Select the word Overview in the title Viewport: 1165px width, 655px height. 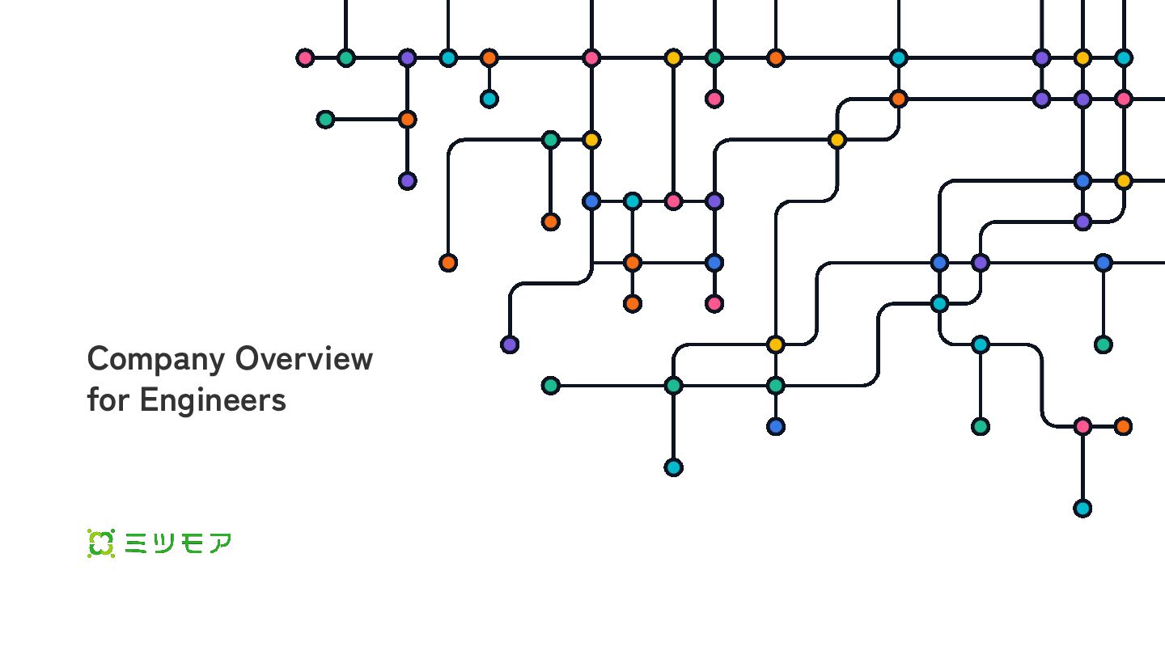coord(304,359)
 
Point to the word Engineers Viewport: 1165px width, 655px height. coord(213,400)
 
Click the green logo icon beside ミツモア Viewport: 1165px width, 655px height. coord(101,543)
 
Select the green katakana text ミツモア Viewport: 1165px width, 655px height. coord(178,543)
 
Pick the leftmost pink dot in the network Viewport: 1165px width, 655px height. coord(305,57)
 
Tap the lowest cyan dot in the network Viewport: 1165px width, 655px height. coord(1082,508)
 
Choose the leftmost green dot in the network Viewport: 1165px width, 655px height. coord(325,120)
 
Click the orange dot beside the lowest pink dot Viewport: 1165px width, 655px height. coord(1123,426)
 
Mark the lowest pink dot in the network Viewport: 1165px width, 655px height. coord(1082,426)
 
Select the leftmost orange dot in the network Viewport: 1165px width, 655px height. coord(407,120)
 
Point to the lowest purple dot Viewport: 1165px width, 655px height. coord(509,344)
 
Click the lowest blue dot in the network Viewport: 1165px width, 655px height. coord(775,426)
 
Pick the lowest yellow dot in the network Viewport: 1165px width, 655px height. coord(775,344)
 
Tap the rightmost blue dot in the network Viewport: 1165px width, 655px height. coord(1103,263)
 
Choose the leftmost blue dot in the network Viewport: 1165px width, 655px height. coord(591,201)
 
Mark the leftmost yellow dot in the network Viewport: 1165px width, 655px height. coord(591,140)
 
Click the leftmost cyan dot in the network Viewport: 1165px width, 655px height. coord(448,57)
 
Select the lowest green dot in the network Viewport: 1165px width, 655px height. coord(981,426)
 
